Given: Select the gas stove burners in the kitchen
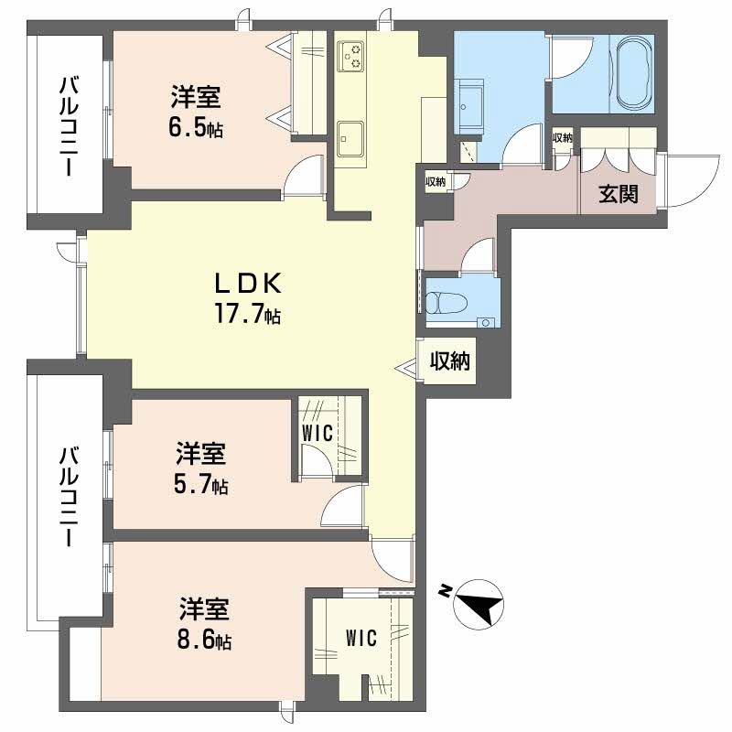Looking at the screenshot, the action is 350,56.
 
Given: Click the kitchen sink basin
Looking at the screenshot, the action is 350,139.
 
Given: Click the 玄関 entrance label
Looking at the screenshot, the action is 619,193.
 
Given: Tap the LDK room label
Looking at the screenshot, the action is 248,283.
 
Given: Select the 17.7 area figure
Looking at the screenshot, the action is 247,312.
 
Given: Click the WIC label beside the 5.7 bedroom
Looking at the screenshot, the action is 317,433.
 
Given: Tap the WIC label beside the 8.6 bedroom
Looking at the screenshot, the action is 361,638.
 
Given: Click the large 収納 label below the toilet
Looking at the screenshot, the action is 450,361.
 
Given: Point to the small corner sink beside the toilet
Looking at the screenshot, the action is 487,323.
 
